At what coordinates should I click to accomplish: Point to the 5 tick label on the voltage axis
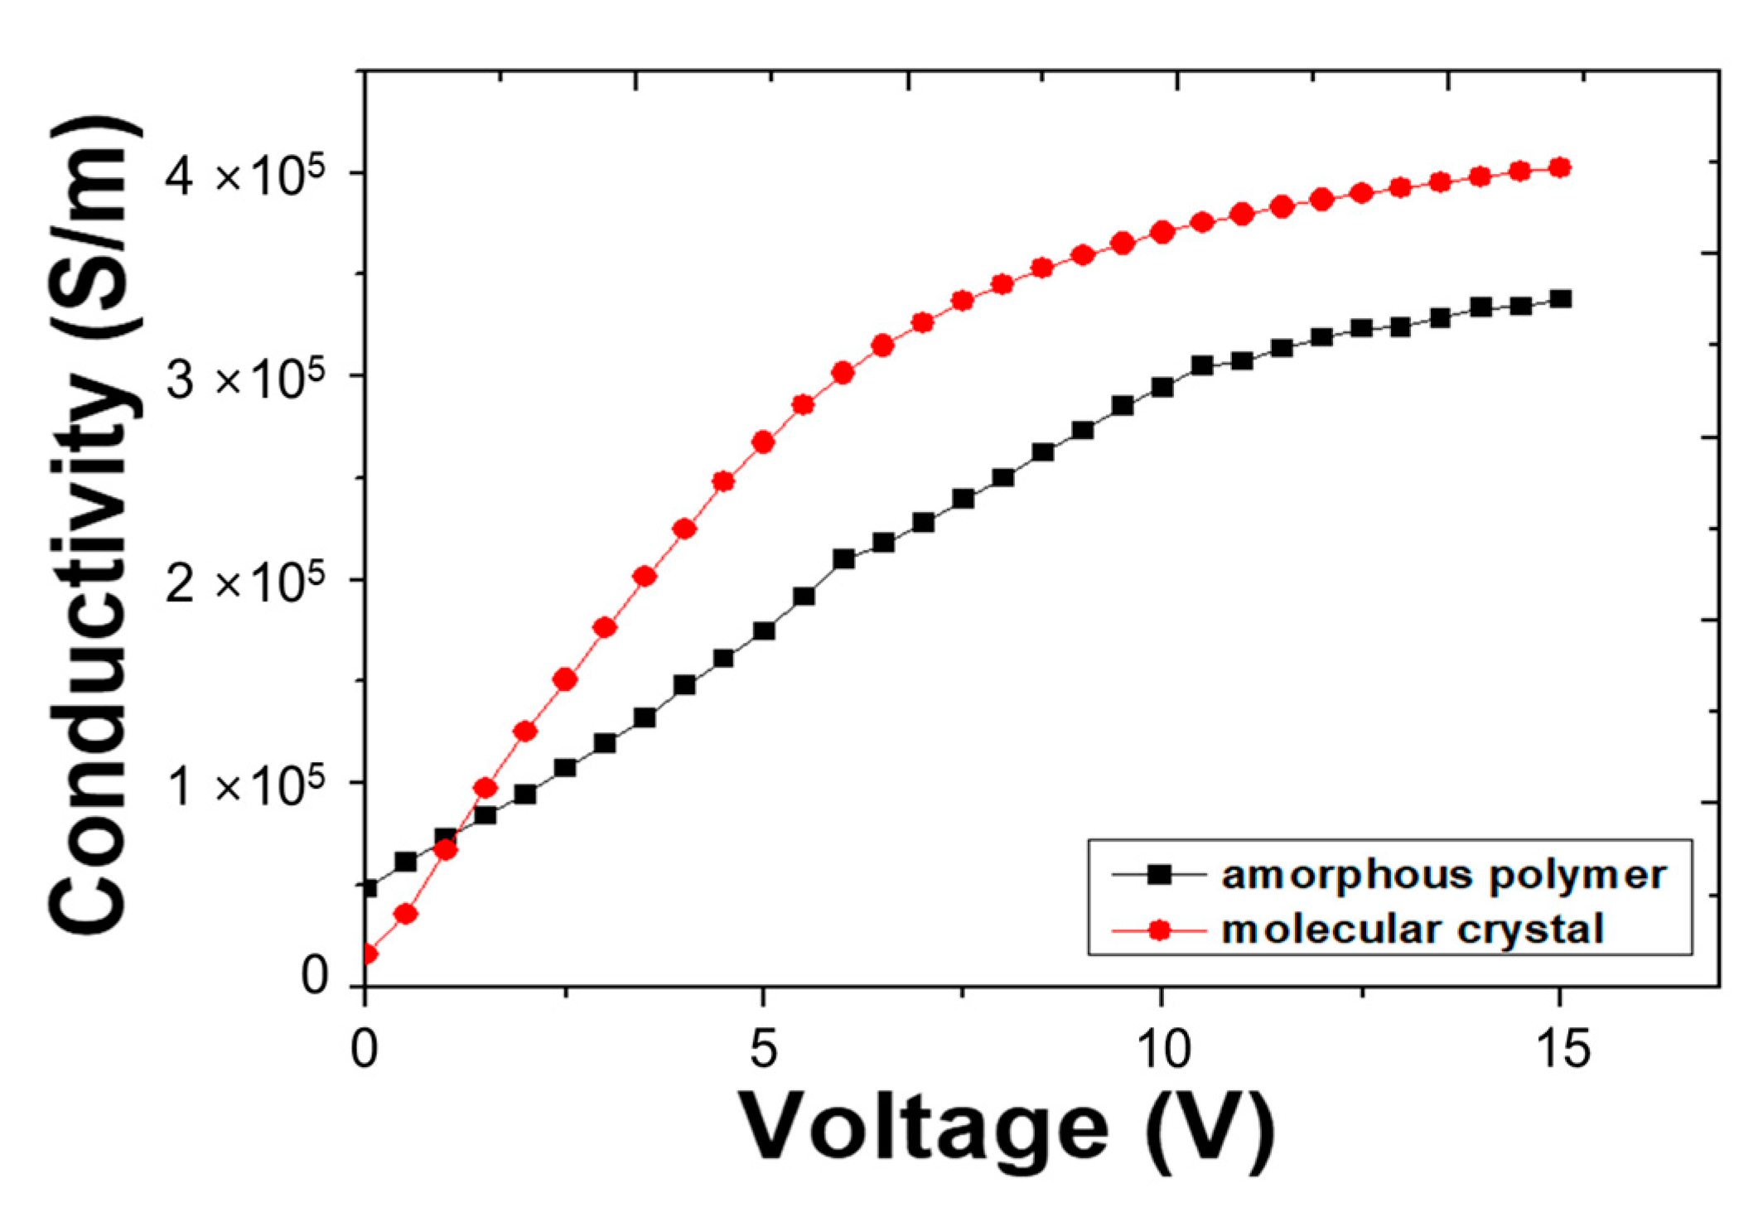762,1049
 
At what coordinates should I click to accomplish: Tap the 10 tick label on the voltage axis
1162,1049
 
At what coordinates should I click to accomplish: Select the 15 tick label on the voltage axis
1561,1049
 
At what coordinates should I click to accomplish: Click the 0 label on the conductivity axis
315,976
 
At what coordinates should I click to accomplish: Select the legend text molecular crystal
1413,929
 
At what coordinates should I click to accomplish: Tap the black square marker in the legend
1160,875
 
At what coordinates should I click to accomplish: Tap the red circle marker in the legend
1160,930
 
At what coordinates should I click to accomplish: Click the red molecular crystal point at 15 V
1560,168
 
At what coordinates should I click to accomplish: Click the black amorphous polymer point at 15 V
1560,299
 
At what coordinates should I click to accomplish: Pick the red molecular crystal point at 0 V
367,954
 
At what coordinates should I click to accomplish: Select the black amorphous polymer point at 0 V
368,888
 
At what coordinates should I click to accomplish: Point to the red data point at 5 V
763,442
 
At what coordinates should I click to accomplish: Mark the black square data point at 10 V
1162,387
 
